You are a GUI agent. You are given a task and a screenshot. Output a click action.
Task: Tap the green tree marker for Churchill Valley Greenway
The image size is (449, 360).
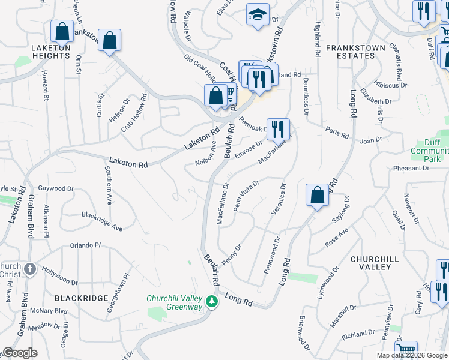(x=211, y=300)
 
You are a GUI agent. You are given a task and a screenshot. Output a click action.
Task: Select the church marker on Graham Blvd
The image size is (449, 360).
(x=29, y=270)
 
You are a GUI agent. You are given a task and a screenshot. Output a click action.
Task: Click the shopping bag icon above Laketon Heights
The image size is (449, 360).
(x=62, y=31)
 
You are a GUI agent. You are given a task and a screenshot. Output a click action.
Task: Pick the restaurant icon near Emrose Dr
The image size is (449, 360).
(x=277, y=128)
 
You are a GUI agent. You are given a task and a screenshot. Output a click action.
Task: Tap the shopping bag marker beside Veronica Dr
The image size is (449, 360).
(x=316, y=195)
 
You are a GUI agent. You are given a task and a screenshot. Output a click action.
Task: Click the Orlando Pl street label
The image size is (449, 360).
(x=86, y=245)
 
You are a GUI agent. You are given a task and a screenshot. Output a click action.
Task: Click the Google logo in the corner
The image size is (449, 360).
(x=20, y=353)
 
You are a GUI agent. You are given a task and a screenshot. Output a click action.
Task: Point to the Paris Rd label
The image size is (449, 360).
(x=337, y=133)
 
